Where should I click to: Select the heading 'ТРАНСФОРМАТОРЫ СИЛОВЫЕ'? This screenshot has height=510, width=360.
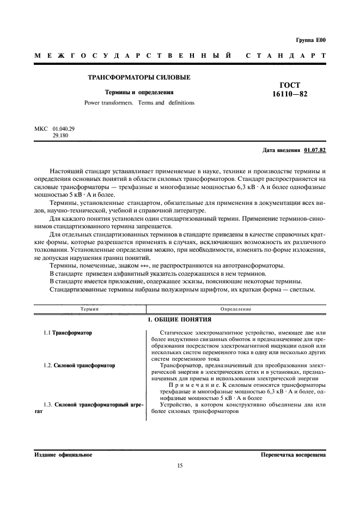(139, 77)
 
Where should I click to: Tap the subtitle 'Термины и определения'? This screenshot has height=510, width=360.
(139, 93)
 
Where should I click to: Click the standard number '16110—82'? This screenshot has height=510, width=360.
(294, 95)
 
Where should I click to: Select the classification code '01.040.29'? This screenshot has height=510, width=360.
(64, 129)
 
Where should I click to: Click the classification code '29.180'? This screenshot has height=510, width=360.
(60, 135)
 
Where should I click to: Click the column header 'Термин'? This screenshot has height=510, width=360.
(89, 309)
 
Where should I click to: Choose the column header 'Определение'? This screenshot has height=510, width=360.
(235, 309)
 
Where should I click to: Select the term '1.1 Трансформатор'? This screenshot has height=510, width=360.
(68, 332)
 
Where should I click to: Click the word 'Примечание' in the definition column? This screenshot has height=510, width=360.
(186, 385)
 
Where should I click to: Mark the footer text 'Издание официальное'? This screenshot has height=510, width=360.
(63, 454)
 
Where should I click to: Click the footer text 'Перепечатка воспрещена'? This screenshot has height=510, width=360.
(293, 454)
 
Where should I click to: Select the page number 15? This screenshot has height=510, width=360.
(180, 465)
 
